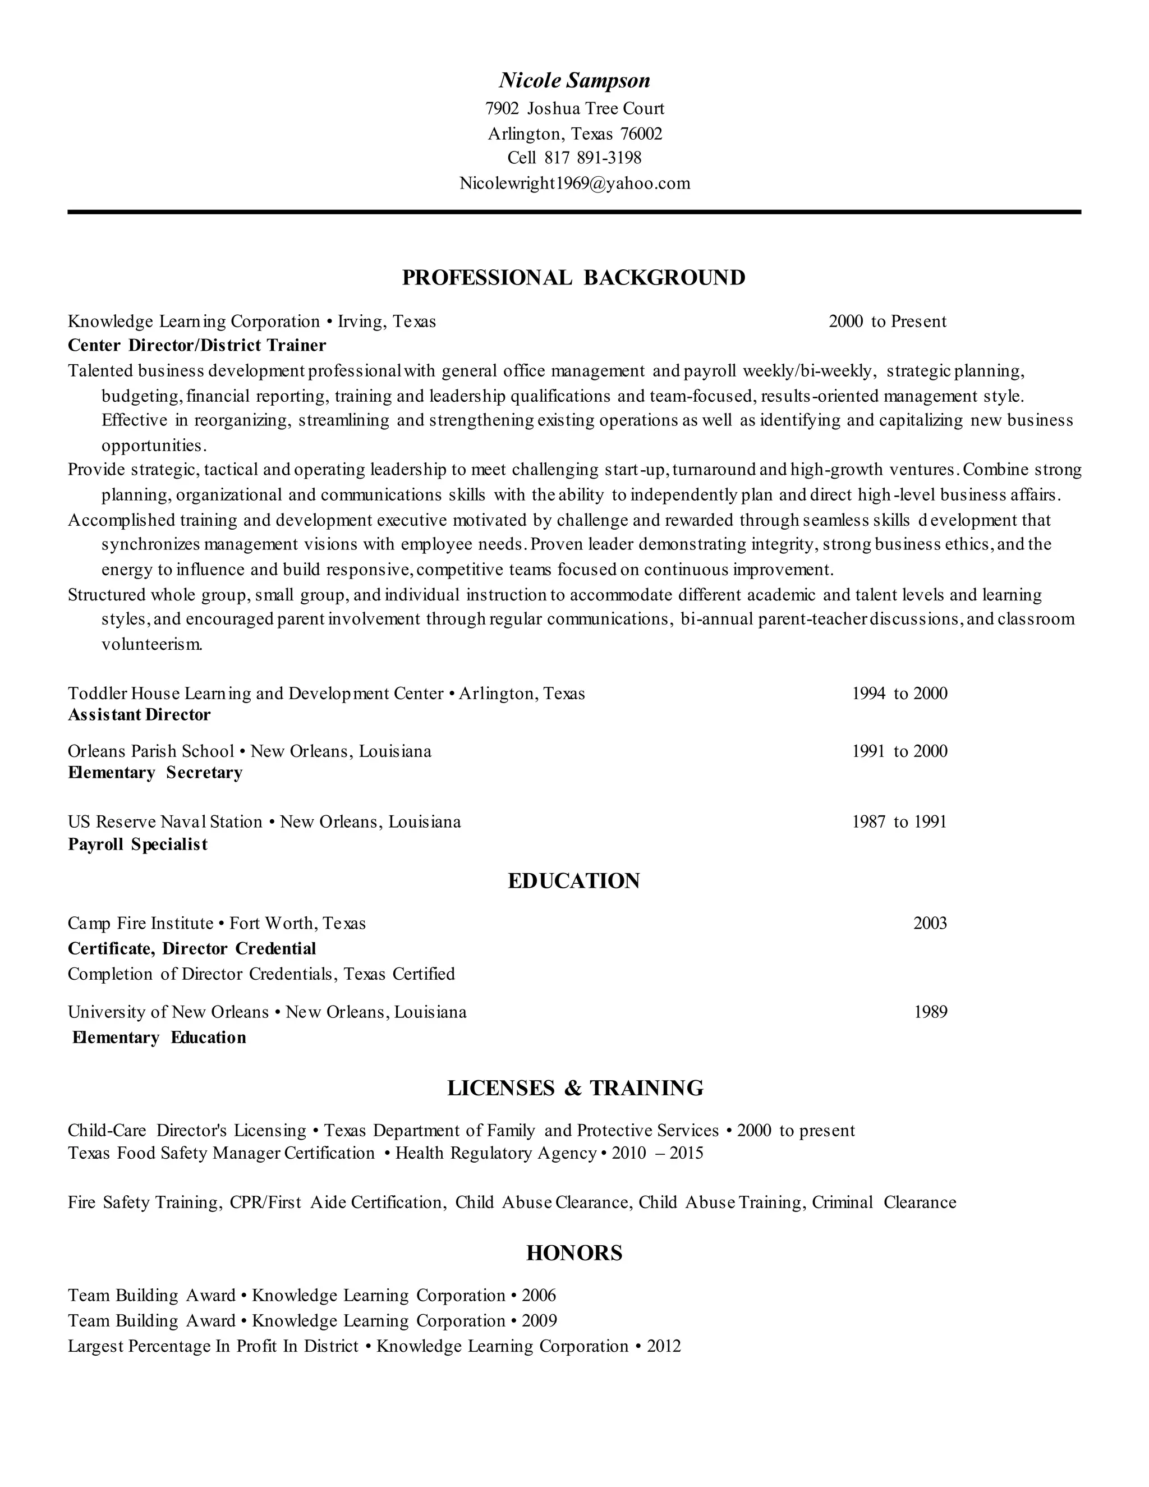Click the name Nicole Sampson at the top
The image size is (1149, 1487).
click(x=574, y=81)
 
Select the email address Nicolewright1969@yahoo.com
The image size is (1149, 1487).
click(x=574, y=183)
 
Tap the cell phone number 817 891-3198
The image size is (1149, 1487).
click(x=592, y=158)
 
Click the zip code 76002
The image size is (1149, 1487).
click(x=641, y=134)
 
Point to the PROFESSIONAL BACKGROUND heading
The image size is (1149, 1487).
click(x=574, y=278)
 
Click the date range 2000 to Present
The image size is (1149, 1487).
click(x=887, y=322)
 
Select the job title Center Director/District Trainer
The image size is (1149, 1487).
click(x=197, y=345)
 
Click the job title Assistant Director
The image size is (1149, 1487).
click(x=140, y=714)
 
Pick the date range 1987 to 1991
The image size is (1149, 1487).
click(x=899, y=822)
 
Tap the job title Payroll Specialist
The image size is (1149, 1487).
click(x=137, y=845)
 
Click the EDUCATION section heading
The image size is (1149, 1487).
click(x=574, y=881)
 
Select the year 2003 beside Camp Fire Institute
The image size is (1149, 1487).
click(x=930, y=923)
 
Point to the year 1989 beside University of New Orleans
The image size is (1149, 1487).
click(x=930, y=1012)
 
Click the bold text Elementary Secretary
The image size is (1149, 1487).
click(x=155, y=772)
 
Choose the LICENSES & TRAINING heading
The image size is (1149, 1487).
click(x=575, y=1088)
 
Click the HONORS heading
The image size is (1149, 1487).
click(x=574, y=1253)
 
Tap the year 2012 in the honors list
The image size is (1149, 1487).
click(x=664, y=1346)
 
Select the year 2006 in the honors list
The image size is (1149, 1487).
click(x=539, y=1295)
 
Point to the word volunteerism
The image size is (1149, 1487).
click(x=152, y=644)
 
